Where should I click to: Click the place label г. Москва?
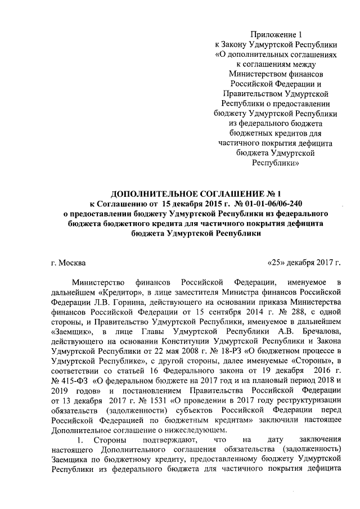[68, 263]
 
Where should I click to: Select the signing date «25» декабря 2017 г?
[304, 263]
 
